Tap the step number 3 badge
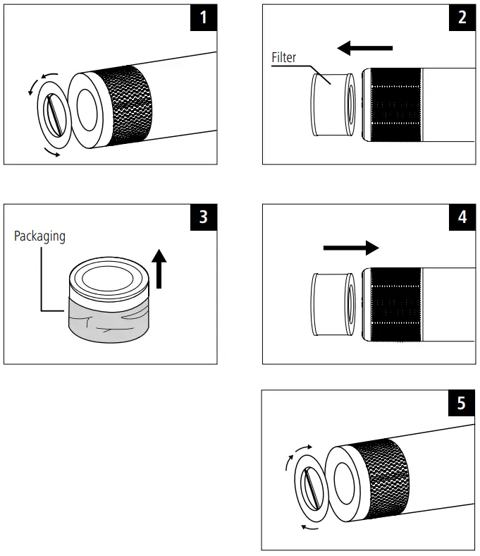click(x=204, y=217)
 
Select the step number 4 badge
click(x=462, y=217)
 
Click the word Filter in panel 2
click(x=284, y=58)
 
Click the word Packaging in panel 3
click(x=39, y=236)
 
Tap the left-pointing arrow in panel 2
click(x=364, y=48)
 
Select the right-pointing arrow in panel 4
click(x=350, y=248)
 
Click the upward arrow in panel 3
click(x=160, y=269)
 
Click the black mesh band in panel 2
click(x=391, y=104)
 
